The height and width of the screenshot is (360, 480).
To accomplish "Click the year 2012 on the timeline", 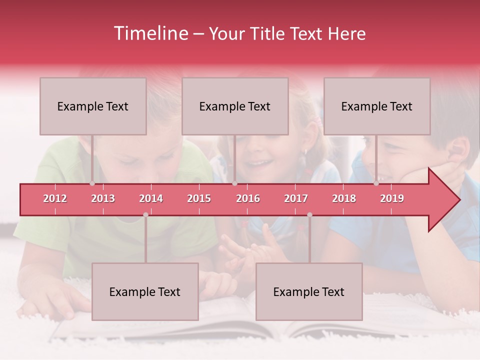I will point(55,198).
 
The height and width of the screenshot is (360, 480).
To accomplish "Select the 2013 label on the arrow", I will point(103,198).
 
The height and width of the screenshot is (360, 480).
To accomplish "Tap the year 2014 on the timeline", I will point(151,198).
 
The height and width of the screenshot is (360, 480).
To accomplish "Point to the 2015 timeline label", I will point(199,198).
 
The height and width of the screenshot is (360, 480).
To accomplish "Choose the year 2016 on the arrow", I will point(248,198).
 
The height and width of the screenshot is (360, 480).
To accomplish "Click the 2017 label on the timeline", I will point(296,198).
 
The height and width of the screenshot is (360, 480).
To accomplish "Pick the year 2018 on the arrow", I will point(344,198).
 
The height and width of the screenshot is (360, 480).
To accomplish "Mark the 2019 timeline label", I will point(392,198).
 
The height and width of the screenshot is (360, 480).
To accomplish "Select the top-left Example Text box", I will point(93,106).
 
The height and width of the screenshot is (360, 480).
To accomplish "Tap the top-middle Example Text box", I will point(235,106).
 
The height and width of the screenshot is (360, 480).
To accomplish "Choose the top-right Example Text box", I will point(377,106).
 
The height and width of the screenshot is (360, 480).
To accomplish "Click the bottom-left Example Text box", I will point(145,292).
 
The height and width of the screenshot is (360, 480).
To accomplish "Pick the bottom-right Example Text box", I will point(309,292).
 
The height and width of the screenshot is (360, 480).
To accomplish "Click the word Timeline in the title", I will point(150,33).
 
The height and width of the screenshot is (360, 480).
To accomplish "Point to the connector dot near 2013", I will point(92,183).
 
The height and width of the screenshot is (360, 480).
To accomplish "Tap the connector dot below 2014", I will point(145,214).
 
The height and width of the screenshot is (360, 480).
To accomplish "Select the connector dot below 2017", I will point(309,214).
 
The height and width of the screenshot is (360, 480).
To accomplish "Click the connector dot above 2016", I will point(234,183).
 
